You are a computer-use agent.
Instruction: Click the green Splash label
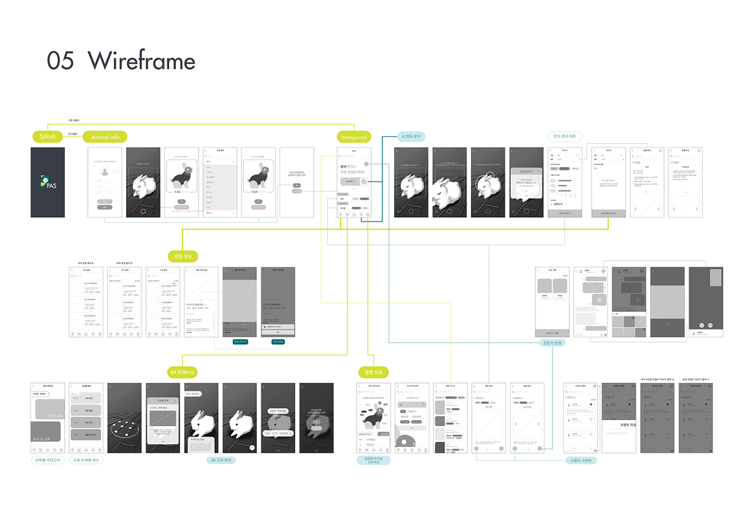(x=47, y=137)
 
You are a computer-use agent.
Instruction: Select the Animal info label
(x=105, y=137)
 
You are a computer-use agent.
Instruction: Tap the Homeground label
(x=353, y=137)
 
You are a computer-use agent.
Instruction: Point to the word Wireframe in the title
(x=141, y=61)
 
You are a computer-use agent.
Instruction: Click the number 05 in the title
(x=61, y=61)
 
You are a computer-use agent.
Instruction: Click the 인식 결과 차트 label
(x=564, y=136)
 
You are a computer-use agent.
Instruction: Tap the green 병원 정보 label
(x=183, y=256)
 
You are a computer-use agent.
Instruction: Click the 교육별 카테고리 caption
(x=48, y=460)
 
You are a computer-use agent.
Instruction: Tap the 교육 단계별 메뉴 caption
(x=86, y=460)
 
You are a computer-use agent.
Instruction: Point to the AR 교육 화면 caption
(x=221, y=460)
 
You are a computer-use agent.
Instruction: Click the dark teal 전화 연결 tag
(x=277, y=342)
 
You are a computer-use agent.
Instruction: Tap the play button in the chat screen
(x=598, y=299)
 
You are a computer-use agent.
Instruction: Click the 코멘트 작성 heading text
(x=619, y=424)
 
